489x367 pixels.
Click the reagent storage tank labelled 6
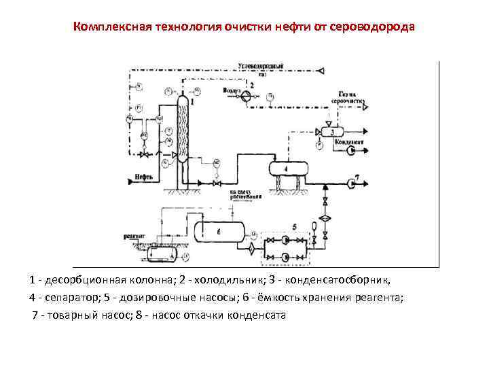click(219, 232)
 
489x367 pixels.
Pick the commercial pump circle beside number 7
click(350, 183)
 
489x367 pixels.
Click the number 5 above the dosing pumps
click(294, 225)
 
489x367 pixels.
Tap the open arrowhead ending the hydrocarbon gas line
click(325, 70)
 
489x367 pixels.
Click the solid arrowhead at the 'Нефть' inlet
click(130, 181)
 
